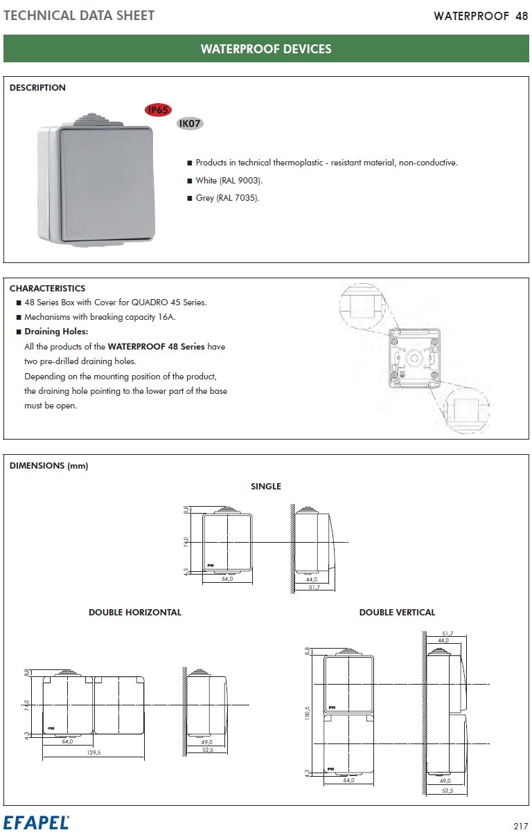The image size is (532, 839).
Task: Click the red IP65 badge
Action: (158, 109)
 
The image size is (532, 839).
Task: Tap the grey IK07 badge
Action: (189, 124)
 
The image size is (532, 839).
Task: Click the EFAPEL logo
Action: (36, 823)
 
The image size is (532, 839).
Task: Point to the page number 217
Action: (520, 826)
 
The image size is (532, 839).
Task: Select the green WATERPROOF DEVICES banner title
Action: (266, 49)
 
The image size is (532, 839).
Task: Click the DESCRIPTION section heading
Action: (37, 88)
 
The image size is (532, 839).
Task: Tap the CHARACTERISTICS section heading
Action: (47, 289)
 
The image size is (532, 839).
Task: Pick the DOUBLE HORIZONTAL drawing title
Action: (135, 613)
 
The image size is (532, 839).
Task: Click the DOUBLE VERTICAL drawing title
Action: (397, 613)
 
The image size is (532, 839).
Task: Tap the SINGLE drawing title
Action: (266, 487)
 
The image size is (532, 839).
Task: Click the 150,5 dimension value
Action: (307, 712)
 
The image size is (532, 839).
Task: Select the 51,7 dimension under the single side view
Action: (314, 587)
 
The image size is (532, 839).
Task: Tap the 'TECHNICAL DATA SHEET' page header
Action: (79, 15)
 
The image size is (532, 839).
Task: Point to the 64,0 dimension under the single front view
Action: (227, 579)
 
